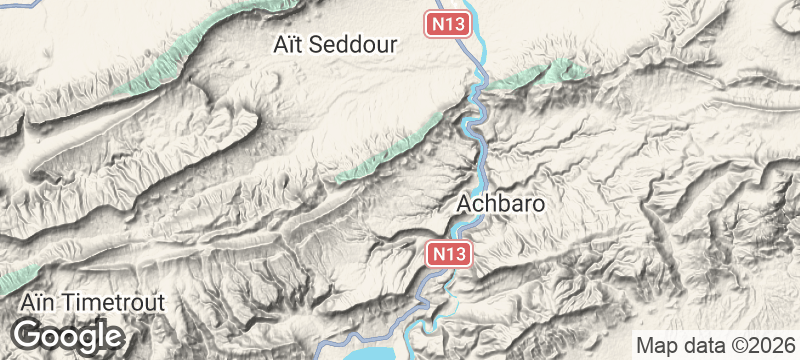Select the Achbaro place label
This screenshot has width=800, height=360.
pos(500,203)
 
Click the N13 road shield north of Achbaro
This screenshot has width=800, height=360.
pos(448,23)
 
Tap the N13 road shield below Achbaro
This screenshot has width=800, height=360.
pos(450,255)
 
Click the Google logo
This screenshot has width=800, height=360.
pos(67,334)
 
